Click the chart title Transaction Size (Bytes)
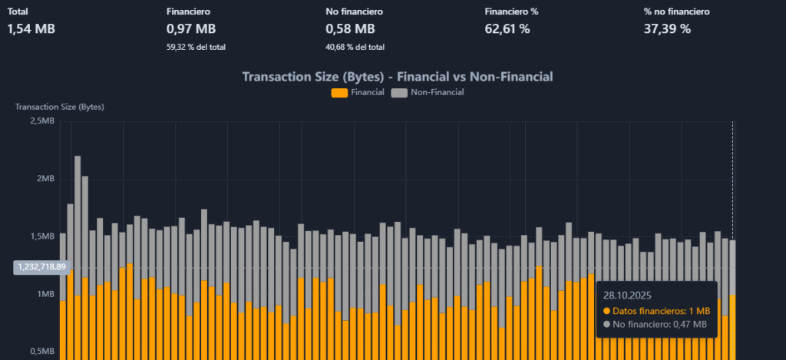(398, 77)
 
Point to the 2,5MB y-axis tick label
(41, 121)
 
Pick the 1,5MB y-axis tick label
(41, 236)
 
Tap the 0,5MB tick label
(41, 352)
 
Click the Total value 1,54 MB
(31, 29)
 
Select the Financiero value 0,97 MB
(190, 29)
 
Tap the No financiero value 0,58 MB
(350, 29)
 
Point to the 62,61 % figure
(507, 29)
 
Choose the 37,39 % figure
(667, 29)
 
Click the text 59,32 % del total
(196, 47)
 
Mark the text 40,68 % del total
(355, 47)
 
